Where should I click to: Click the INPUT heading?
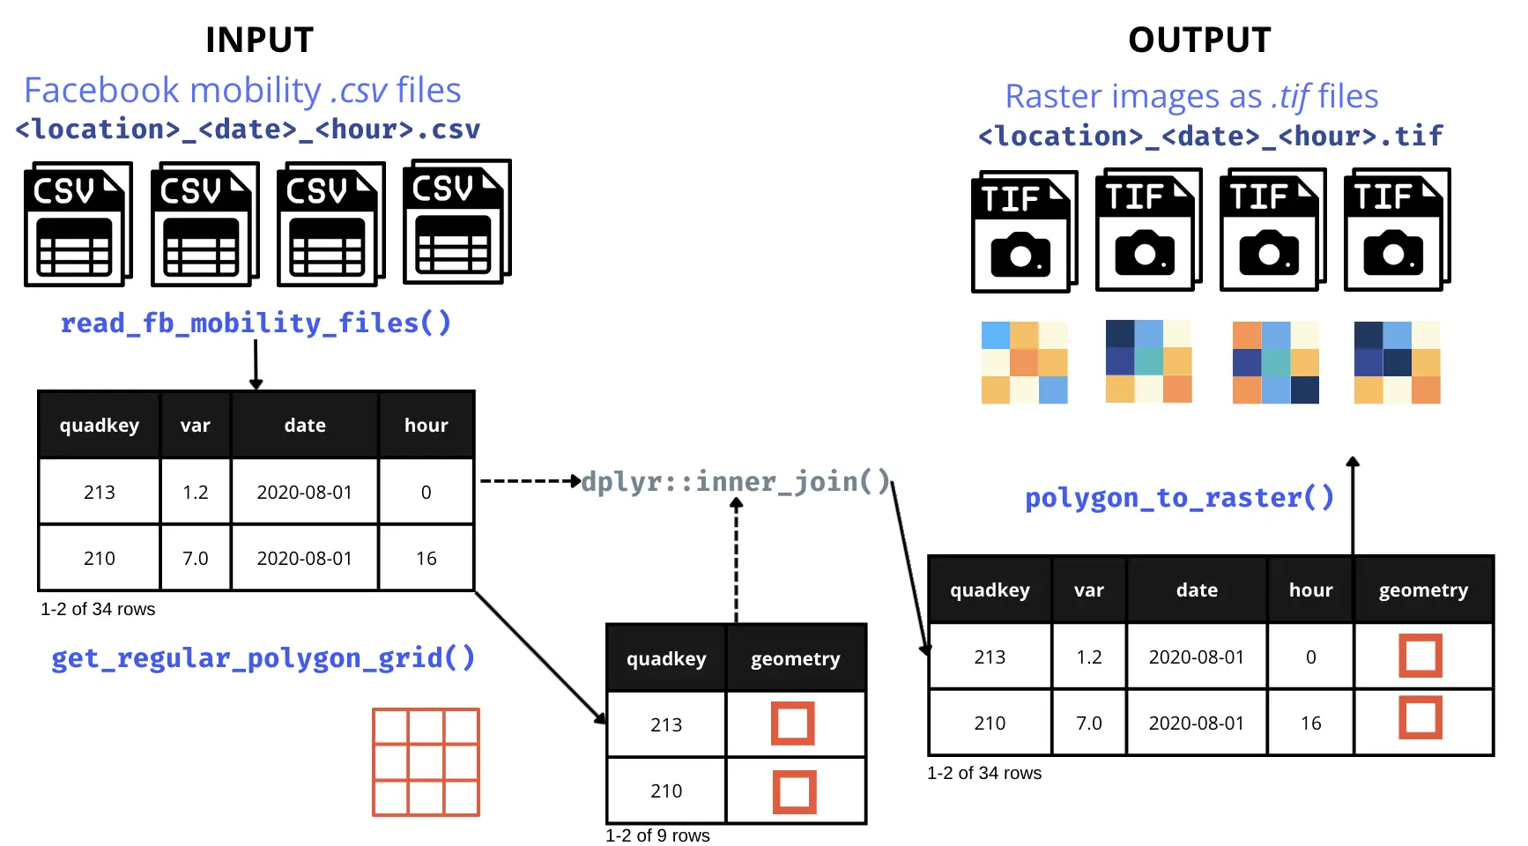pos(259,40)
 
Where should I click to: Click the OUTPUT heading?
pos(1199,40)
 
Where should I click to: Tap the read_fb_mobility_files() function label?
pos(256,323)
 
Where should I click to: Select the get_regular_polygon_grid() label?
pos(263,658)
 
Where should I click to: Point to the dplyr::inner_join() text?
pos(736,482)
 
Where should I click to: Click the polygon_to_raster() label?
pos(1179,498)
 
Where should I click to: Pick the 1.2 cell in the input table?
pos(196,493)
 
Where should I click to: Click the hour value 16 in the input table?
pos(427,559)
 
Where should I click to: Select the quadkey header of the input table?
pos(100,426)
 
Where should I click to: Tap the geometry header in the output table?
pos(1423,590)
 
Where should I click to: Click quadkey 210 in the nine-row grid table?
pos(666,791)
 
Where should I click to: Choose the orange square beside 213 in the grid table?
pos(793,724)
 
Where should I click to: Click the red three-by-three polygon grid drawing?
pos(426,762)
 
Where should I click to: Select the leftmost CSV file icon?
pos(78,225)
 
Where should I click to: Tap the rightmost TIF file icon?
pos(1397,230)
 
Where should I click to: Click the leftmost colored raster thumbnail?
pos(1024,362)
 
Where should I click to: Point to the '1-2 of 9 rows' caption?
pos(657,835)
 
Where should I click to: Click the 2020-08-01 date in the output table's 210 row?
pos(1197,724)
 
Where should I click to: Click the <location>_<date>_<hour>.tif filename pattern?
pos(1210,137)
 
